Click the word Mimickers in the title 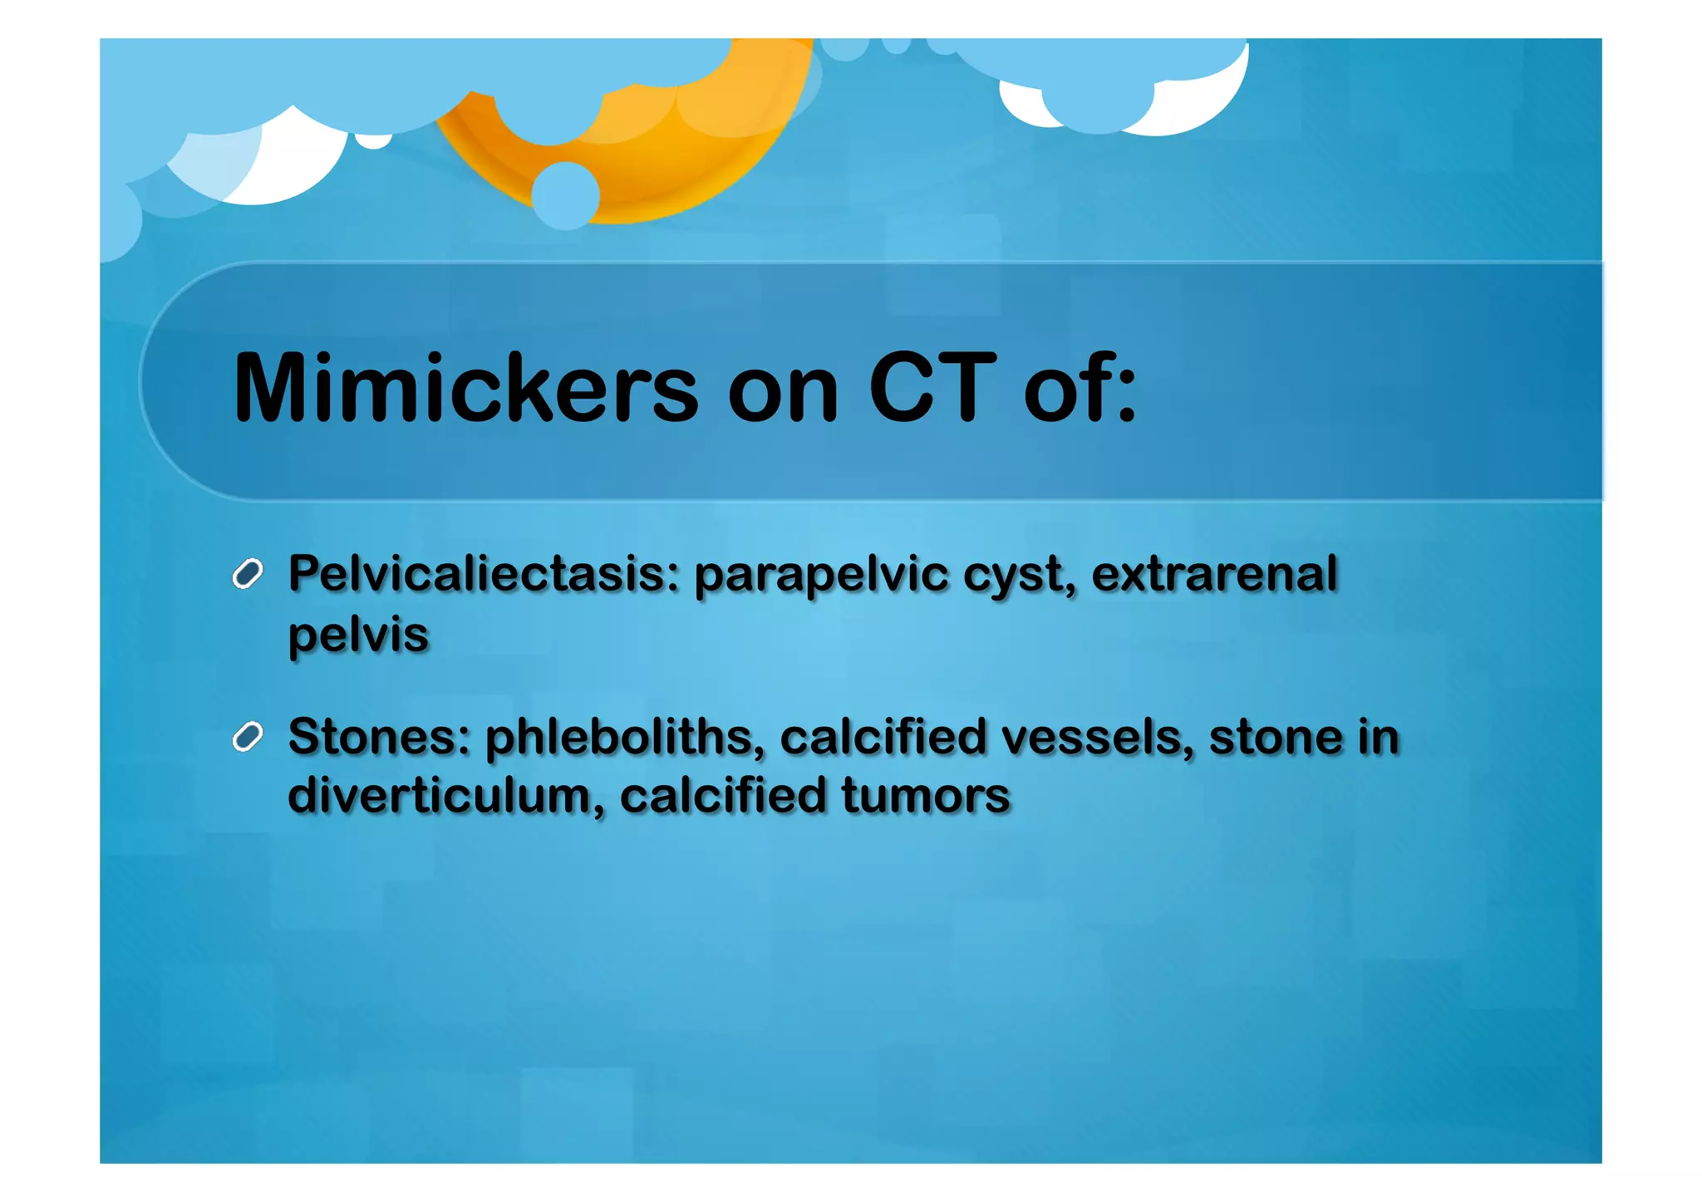pos(465,388)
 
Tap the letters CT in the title pos(932,388)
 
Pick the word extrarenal pos(1214,573)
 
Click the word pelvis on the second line pos(358,635)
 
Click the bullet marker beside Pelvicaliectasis pos(248,574)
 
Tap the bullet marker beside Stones pos(248,737)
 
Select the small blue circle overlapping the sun pos(565,196)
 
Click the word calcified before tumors pos(722,796)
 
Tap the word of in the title pos(1079,388)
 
